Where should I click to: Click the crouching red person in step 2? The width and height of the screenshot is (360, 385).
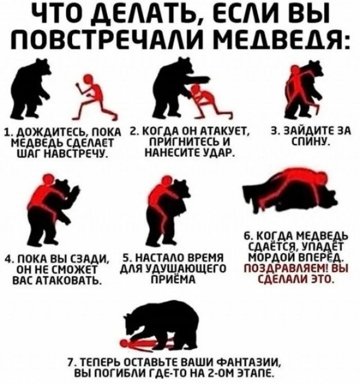tap(211, 101)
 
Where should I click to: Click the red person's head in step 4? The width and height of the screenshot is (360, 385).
tap(48, 179)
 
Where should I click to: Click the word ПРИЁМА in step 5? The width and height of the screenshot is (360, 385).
tap(172, 279)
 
